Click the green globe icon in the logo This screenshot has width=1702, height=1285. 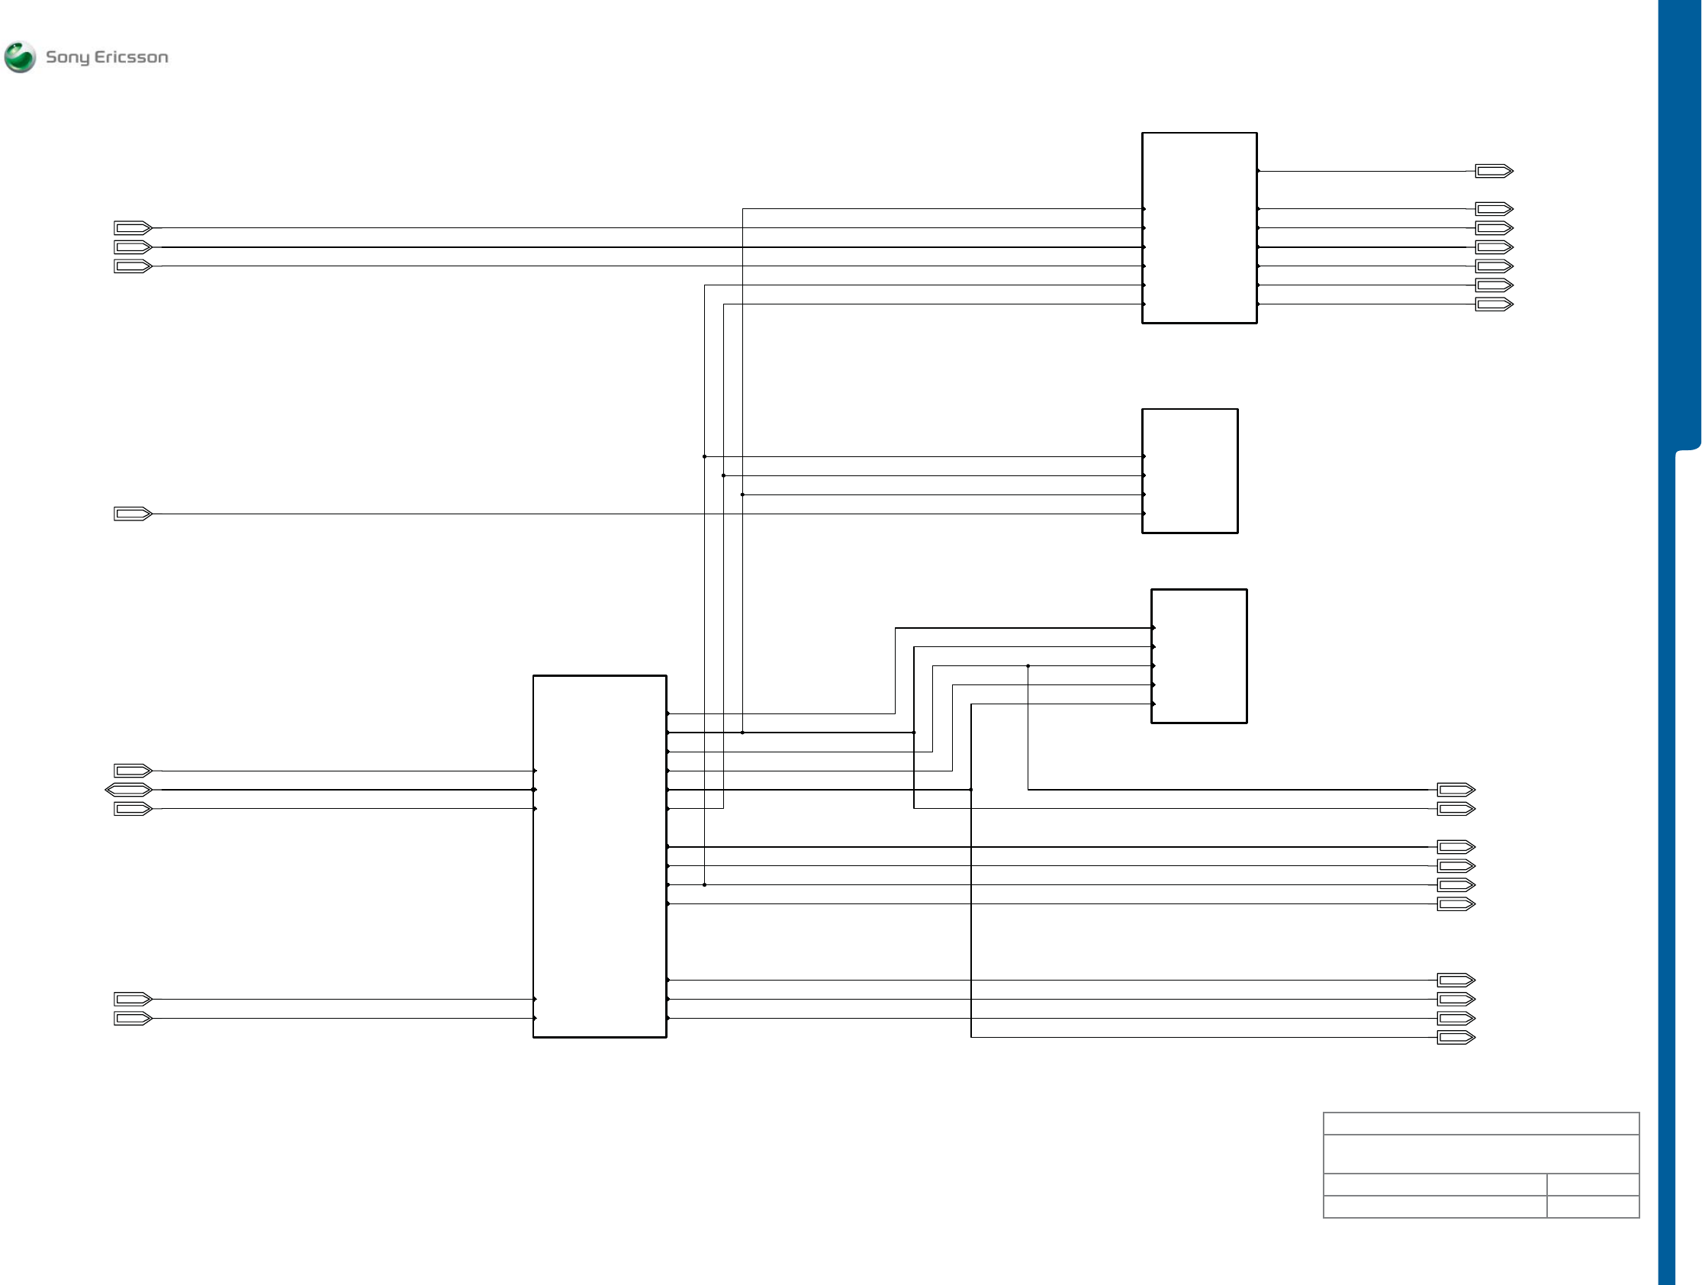pos(19,57)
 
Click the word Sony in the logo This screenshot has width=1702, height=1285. pos(67,58)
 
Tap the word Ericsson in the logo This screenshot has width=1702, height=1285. pos(130,57)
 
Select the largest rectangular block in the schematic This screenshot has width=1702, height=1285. pos(600,855)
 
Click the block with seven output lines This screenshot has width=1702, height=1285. pos(1198,227)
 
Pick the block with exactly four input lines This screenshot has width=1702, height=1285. pos(1189,470)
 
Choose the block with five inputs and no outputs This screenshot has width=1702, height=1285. pos(1198,655)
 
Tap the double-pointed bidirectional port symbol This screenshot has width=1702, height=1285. pos(128,790)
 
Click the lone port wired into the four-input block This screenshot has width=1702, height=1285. pos(132,514)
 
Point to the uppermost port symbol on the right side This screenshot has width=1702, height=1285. pos(1494,171)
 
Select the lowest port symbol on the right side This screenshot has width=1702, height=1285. pos(1456,1037)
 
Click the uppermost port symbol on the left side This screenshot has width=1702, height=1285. pos(132,227)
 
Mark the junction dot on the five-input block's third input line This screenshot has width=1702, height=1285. pos(1028,665)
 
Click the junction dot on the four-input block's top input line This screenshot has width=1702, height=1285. pos(704,456)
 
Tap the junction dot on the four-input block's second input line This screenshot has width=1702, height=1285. pos(723,475)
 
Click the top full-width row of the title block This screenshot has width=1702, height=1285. pos(1481,1123)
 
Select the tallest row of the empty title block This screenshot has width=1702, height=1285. pos(1481,1154)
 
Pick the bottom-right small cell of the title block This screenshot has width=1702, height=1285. pos(1592,1206)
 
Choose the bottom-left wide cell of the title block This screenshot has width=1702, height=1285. pos(1434,1206)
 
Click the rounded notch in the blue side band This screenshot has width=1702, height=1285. pos(1688,449)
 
